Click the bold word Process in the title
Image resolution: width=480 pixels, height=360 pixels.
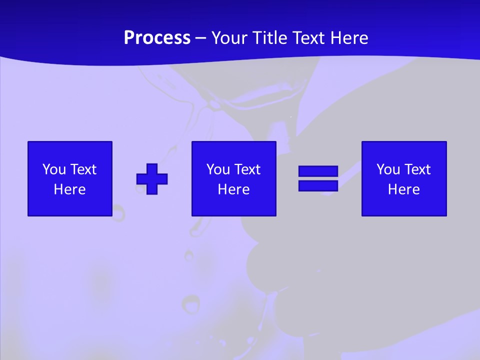(x=157, y=38)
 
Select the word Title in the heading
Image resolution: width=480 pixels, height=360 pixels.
(x=268, y=38)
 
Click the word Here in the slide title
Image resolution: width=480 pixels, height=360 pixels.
(x=349, y=38)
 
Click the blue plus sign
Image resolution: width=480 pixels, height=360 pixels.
(x=152, y=178)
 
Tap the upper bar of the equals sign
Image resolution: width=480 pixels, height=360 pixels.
(x=318, y=171)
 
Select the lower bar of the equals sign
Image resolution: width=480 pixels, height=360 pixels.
(x=318, y=185)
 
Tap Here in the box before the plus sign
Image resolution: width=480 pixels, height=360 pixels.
(x=70, y=189)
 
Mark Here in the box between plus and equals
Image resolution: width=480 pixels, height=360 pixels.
(x=234, y=189)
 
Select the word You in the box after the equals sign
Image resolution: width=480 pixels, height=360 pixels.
(x=388, y=169)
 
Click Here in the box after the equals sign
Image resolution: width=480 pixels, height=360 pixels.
(x=404, y=189)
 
